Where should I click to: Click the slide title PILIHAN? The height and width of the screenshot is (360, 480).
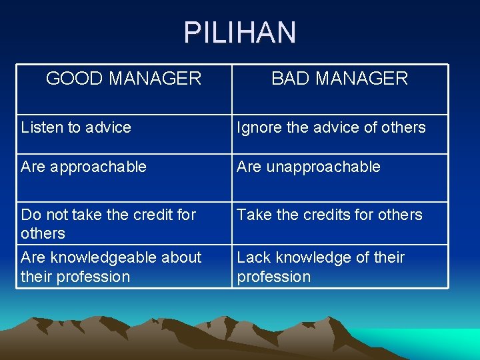(240, 33)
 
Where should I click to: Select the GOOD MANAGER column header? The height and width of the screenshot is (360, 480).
(123, 79)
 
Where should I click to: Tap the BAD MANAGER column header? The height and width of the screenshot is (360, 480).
(339, 79)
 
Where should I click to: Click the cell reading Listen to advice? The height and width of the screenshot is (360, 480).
(76, 127)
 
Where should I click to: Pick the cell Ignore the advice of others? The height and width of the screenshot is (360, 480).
(331, 127)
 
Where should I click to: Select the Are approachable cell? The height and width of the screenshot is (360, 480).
(83, 167)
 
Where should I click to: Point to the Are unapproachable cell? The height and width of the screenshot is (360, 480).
(309, 167)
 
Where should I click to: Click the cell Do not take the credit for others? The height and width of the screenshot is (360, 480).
(109, 224)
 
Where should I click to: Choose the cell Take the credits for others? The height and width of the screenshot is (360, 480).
(330, 215)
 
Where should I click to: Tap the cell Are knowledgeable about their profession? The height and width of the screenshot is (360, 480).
(111, 267)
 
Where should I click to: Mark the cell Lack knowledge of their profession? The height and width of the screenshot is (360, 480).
(321, 267)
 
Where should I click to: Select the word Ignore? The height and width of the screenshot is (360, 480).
(259, 127)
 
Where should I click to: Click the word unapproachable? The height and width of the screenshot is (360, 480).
(323, 167)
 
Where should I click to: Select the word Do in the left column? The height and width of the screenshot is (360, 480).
(30, 215)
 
